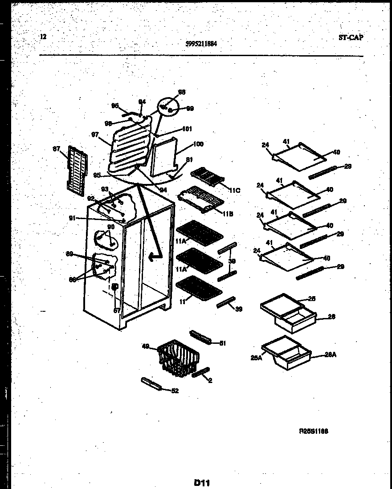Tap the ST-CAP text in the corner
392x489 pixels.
coord(350,37)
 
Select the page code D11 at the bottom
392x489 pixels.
coord(201,482)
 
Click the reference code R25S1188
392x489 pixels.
coord(313,431)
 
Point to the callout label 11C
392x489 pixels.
coord(234,191)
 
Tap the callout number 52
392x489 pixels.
coord(175,391)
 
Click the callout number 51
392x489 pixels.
coord(222,343)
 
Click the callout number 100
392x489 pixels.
coord(198,144)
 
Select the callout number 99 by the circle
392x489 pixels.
coord(190,108)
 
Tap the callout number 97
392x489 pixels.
coord(95,134)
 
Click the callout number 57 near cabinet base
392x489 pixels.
coord(116,310)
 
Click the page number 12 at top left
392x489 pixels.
coord(43,37)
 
